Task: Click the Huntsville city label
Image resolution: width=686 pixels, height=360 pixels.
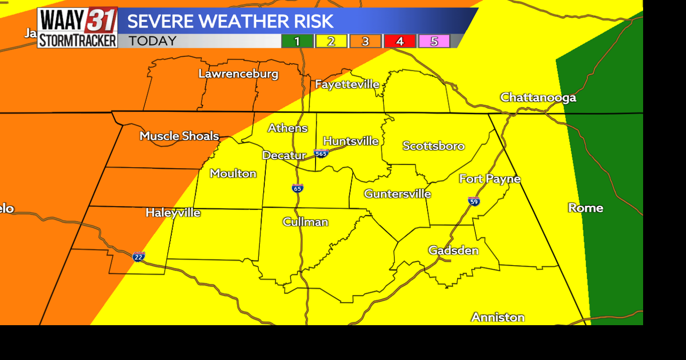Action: (351, 141)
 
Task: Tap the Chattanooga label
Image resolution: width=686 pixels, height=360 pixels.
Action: (538, 97)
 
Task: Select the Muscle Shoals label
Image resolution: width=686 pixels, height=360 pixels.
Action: (179, 136)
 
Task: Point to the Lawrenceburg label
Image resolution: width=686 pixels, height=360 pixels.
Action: (238, 74)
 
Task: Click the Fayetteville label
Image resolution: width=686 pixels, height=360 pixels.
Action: (347, 84)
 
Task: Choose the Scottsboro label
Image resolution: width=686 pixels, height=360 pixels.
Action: (433, 146)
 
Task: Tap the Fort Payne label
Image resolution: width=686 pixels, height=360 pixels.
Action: (489, 179)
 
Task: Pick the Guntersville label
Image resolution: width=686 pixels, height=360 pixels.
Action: (397, 194)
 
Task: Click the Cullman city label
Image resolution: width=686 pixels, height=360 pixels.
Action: (305, 222)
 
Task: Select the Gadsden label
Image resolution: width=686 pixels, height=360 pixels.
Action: (453, 250)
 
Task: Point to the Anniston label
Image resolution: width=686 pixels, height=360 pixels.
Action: (497, 317)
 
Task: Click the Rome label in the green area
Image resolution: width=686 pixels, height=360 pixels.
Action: (585, 208)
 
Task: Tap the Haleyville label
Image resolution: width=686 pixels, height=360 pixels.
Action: (173, 213)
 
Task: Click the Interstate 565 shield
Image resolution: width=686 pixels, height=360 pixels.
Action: (321, 153)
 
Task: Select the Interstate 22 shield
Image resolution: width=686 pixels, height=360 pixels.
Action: (139, 257)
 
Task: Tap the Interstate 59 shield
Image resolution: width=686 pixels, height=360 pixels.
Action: (473, 201)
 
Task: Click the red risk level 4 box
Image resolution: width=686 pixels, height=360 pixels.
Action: (400, 41)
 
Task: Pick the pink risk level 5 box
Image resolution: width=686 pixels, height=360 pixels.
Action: (434, 41)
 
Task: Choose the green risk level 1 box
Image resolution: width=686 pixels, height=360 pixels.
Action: (297, 41)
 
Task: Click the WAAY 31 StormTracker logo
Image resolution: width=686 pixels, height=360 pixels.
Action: (78, 28)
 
